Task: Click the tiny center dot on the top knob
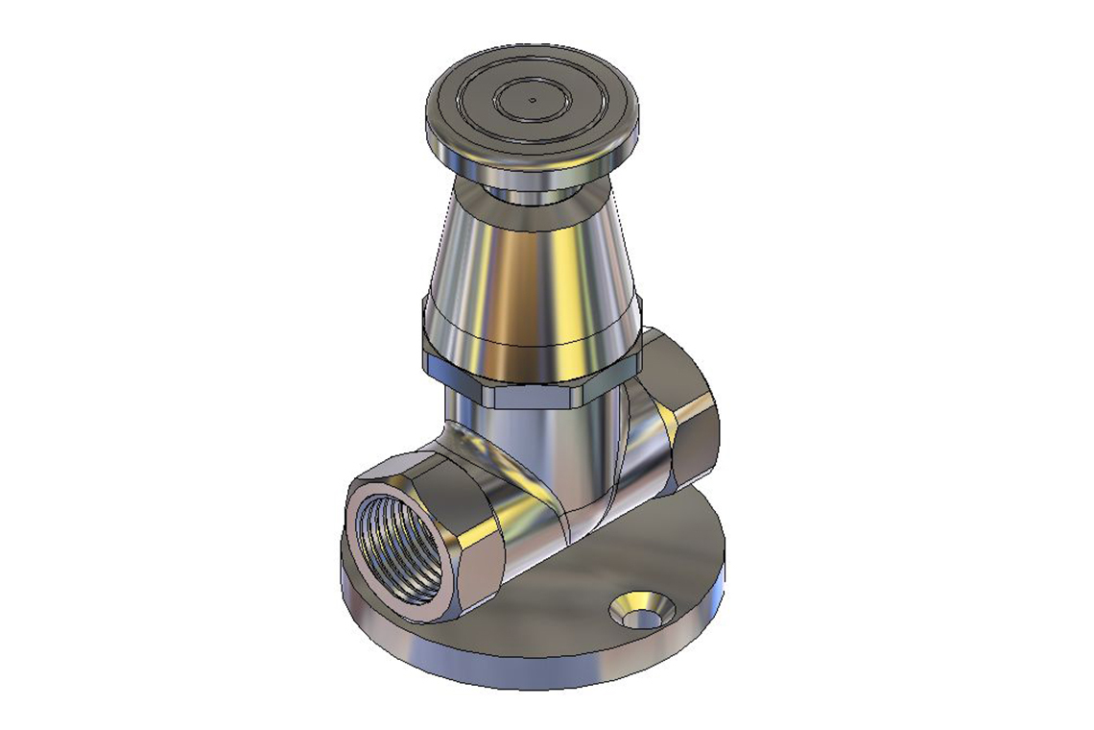pyautogui.click(x=532, y=98)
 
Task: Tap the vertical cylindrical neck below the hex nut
pyautogui.click(x=537, y=432)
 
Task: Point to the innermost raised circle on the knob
pyautogui.click(x=532, y=98)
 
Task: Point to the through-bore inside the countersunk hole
pyautogui.click(x=640, y=613)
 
